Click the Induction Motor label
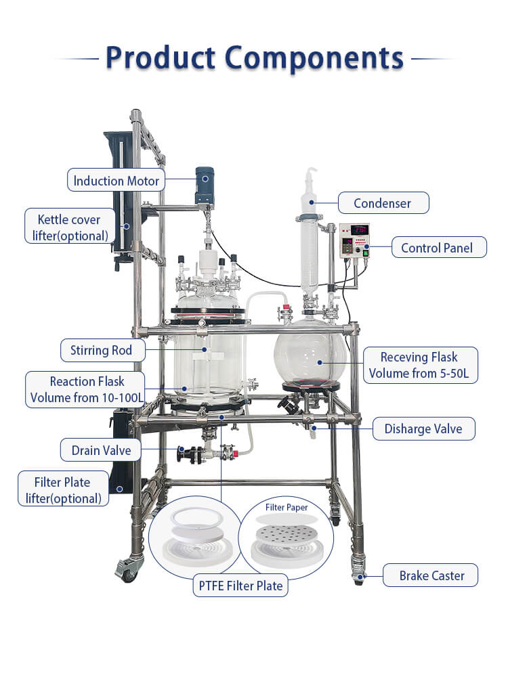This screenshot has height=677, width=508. tap(116, 181)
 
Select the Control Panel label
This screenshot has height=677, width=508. tap(439, 248)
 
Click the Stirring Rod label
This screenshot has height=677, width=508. tap(101, 350)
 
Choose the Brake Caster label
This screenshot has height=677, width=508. tap(431, 575)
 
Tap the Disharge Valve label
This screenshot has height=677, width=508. tap(423, 429)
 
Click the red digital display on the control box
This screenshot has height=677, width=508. tap(356, 230)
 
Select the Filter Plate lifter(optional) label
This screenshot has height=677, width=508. tap(62, 490)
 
